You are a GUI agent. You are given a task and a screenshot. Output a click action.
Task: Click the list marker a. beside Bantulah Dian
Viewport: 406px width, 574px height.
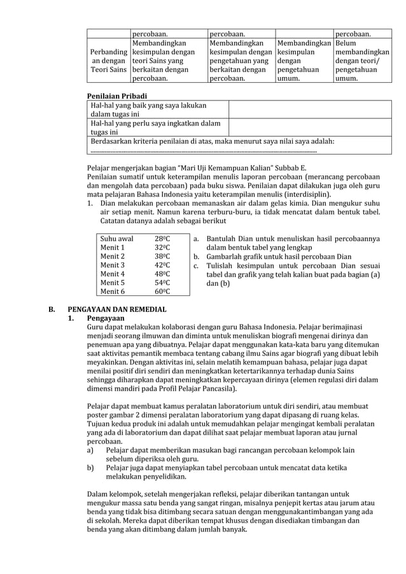click(x=197, y=239)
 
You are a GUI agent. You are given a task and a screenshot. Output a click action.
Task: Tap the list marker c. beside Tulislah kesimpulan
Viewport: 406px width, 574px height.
click(x=197, y=265)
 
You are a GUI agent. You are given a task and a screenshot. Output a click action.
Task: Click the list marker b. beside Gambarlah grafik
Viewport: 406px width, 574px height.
click(x=197, y=256)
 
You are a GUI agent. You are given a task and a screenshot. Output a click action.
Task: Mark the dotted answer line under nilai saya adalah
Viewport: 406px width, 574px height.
click(x=204, y=151)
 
